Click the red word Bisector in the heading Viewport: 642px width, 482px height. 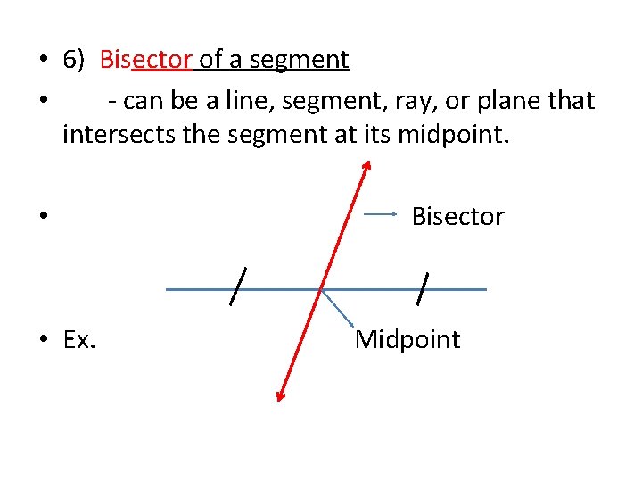[x=146, y=60]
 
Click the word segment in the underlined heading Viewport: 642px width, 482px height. [x=300, y=60]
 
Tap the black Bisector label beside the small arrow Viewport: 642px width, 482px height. [x=457, y=216]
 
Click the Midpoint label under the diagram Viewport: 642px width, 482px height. [x=407, y=339]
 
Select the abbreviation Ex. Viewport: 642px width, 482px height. [x=80, y=339]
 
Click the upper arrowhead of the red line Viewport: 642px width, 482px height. [x=366, y=165]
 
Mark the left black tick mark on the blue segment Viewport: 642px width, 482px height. [x=238, y=287]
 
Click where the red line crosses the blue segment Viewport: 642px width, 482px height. [x=322, y=289]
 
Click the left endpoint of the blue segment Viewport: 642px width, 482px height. [x=167, y=289]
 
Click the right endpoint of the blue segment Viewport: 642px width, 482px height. [x=486, y=289]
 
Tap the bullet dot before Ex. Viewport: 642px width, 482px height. [x=43, y=340]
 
